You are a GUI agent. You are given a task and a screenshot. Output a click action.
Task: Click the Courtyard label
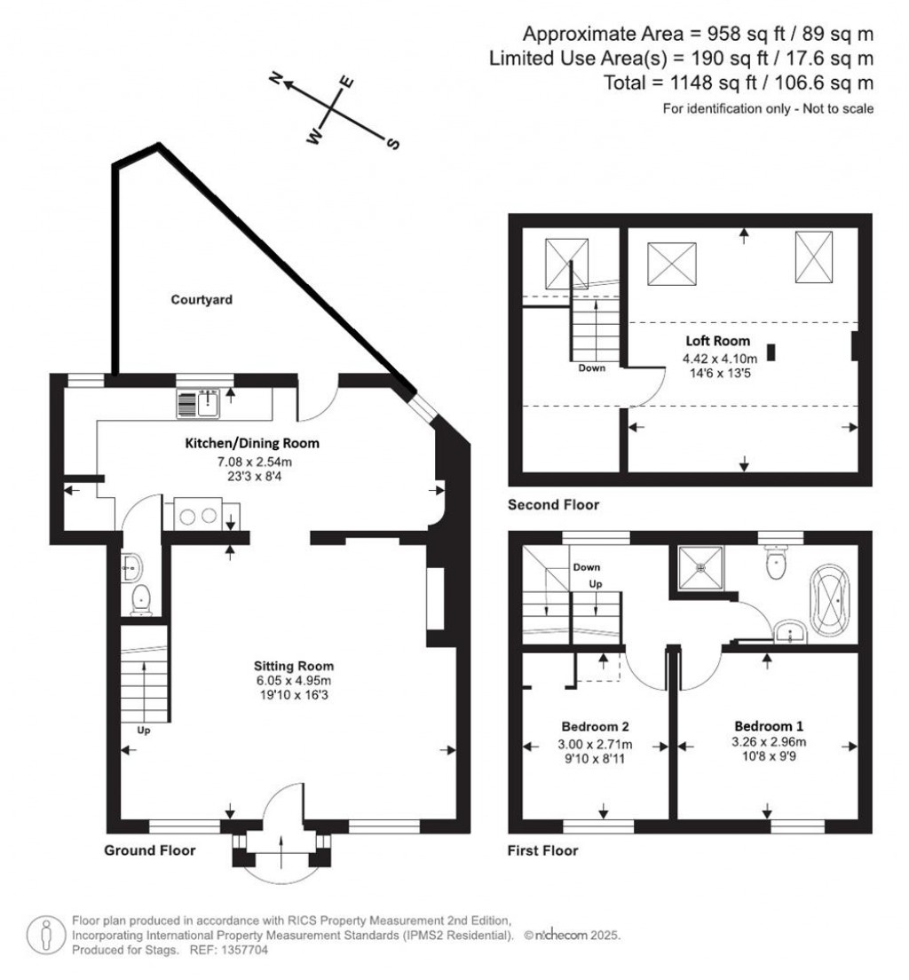point(202,300)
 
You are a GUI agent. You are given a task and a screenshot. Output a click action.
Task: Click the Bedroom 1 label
point(769,724)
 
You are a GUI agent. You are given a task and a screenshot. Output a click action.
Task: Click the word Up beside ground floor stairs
point(142,731)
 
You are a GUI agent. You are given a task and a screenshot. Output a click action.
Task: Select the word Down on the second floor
point(591,367)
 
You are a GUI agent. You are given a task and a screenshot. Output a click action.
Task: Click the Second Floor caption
point(553,505)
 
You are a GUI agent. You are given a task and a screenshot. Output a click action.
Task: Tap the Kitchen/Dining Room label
point(251,443)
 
